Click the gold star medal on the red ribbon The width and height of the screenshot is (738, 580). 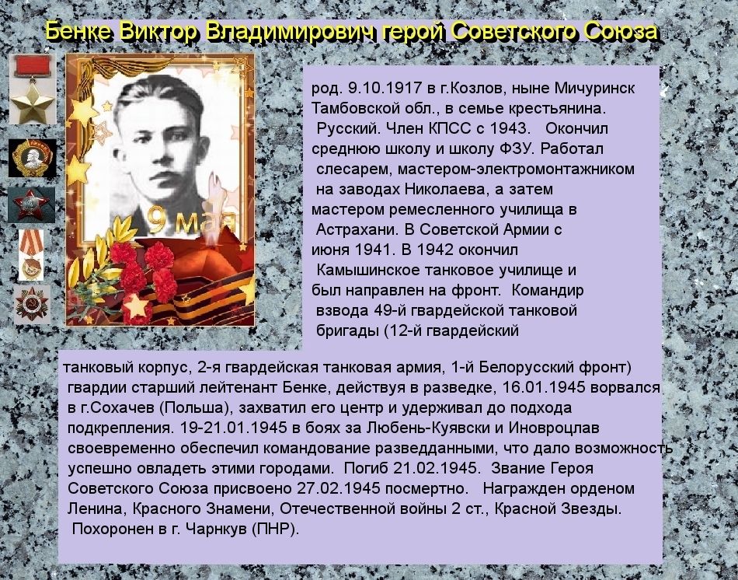pos(33,89)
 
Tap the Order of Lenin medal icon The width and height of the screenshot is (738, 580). pos(32,158)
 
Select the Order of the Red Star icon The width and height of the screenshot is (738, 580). pos(31,205)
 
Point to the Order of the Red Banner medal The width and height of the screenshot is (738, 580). pos(31,255)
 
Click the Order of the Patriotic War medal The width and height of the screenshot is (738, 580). pos(32,304)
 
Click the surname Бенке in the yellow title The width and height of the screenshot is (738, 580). pos(79,32)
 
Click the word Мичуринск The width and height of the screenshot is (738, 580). pos(595,88)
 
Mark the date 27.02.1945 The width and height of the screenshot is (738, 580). pos(338,488)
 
